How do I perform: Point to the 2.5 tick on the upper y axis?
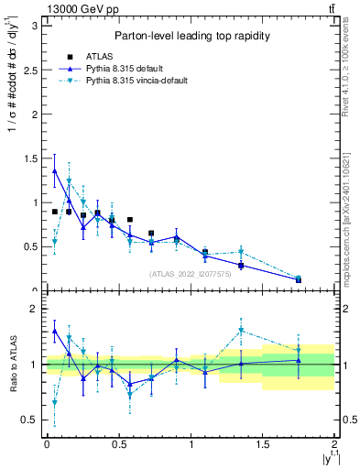[28, 70]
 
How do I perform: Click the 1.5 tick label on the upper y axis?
[28, 158]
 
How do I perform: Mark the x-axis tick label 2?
[335, 445]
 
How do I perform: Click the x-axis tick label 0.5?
[118, 445]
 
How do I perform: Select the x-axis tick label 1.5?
[263, 445]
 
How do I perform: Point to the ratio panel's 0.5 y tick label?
[28, 420]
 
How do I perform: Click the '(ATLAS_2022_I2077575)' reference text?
[190, 273]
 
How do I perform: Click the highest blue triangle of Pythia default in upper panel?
[54, 170]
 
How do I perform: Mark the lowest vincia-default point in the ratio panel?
[54, 402]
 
